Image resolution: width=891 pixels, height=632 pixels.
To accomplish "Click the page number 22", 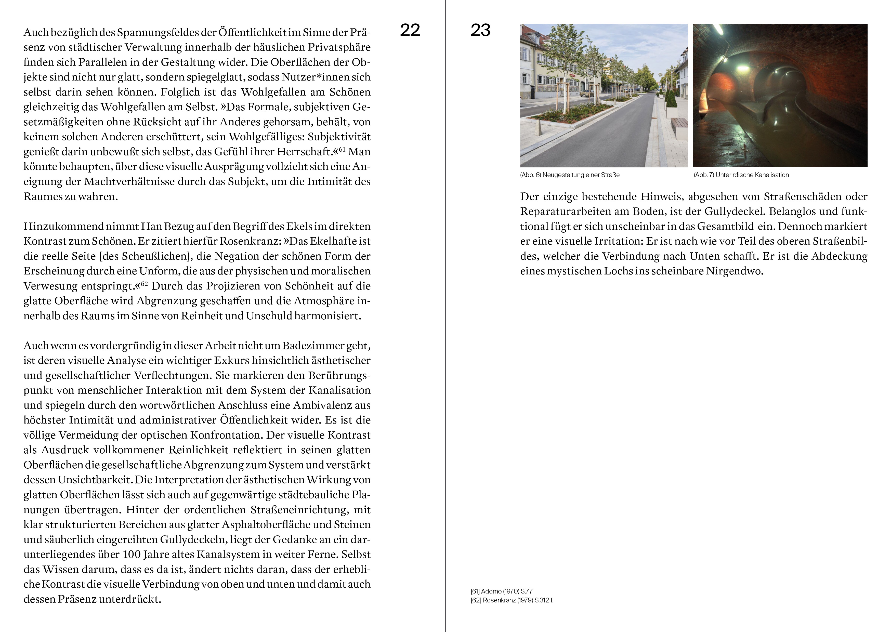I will [x=410, y=30].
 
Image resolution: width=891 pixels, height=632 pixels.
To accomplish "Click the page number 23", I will [x=480, y=30].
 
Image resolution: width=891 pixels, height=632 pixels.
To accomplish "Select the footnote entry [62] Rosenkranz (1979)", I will [x=512, y=600].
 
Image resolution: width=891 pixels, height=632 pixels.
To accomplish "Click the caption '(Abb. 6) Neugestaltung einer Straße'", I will [x=570, y=175].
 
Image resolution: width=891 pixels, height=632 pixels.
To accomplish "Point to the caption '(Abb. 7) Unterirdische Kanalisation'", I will [x=741, y=175].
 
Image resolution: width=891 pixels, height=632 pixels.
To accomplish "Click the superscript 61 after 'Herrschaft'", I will [x=342, y=149].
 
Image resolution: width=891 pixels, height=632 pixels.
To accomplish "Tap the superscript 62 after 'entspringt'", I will [x=144, y=283].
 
